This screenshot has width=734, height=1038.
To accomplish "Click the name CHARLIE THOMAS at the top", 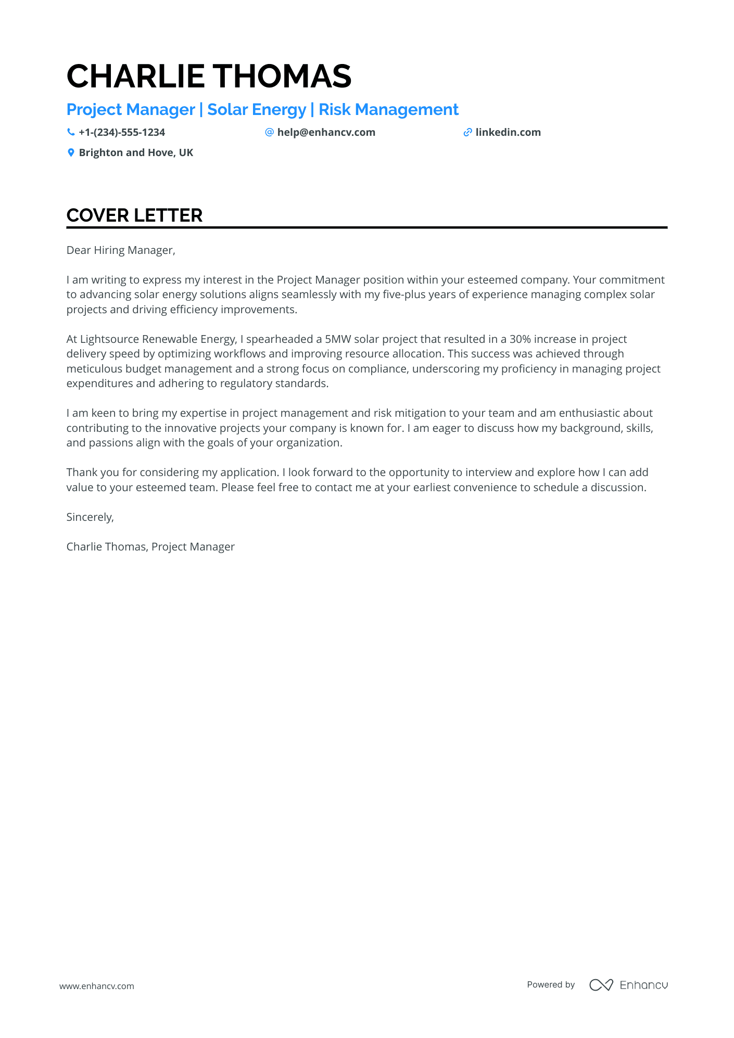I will pos(209,76).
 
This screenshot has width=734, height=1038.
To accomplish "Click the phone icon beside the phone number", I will pos(71,132).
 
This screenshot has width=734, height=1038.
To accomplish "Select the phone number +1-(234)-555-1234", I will pos(122,132).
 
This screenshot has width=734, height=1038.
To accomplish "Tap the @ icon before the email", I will pos(269,132).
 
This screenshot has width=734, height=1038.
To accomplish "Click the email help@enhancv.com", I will pos(326,132).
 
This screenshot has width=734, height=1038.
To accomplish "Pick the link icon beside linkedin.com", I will pos(467,132).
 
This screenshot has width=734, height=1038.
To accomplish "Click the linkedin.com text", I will pos(508,132).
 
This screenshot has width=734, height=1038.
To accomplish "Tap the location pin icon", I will pos(71,152).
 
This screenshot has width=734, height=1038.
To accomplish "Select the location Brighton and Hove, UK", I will pos(136,152).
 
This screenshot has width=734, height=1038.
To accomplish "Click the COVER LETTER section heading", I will pos(134,215).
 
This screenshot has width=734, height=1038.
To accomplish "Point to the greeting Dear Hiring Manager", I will pos(121,250).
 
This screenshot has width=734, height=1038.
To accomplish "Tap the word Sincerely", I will pos(90,517).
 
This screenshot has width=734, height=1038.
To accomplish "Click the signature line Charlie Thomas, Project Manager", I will pos(150,547).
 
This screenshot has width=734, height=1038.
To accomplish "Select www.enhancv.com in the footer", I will pos(97,986).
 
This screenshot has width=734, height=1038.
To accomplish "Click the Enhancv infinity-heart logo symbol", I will pos(601,985).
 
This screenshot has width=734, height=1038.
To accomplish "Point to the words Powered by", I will pos(551,984).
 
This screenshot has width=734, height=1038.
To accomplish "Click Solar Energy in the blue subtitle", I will pos(257,110).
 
